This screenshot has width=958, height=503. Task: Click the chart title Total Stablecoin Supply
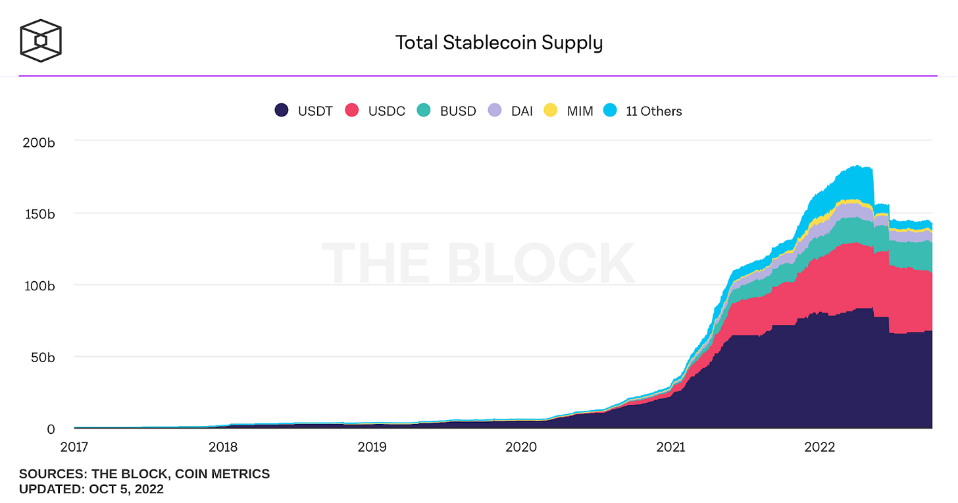click(499, 43)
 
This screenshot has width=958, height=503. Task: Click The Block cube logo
click(41, 41)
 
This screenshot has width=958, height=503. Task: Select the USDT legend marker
click(282, 111)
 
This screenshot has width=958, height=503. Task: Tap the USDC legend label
click(386, 111)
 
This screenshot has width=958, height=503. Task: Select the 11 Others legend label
click(653, 111)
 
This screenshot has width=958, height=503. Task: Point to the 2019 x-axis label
click(372, 448)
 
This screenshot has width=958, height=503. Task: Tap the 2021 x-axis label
click(670, 448)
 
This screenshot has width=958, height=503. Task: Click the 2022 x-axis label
click(820, 448)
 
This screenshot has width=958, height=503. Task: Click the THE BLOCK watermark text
click(478, 263)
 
